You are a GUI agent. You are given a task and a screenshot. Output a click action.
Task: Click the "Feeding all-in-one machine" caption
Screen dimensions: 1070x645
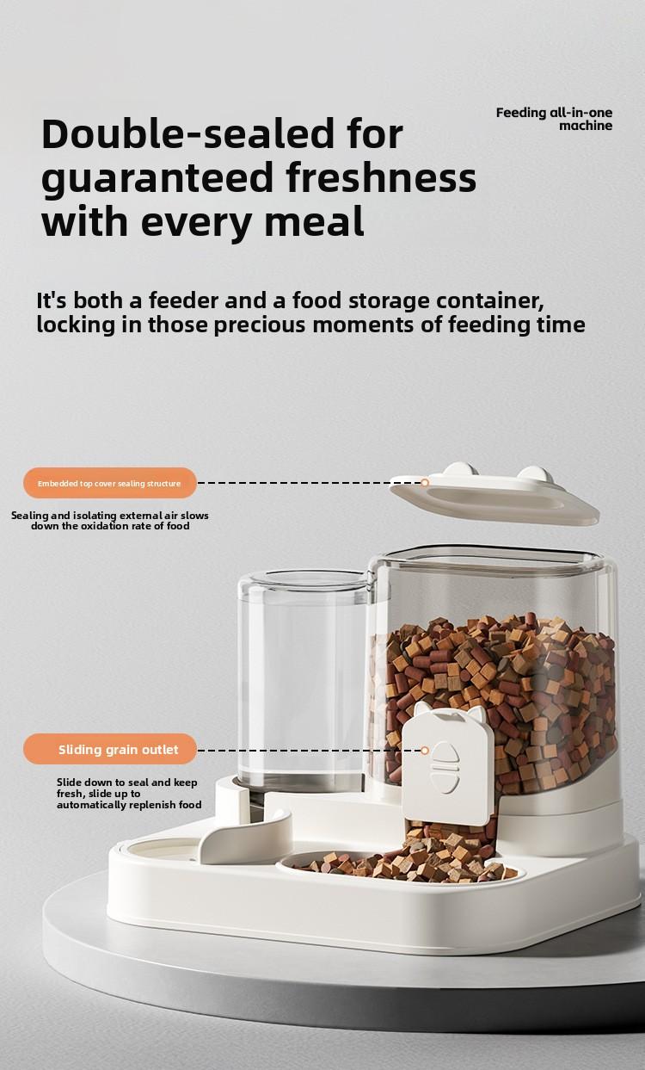[x=554, y=119]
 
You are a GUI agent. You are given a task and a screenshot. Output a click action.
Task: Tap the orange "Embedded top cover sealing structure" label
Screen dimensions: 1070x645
[x=109, y=484]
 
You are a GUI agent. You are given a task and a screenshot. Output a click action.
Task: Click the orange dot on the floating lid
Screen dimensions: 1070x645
[x=424, y=483]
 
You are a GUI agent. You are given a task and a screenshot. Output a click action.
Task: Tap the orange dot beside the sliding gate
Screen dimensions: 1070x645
[x=424, y=751]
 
